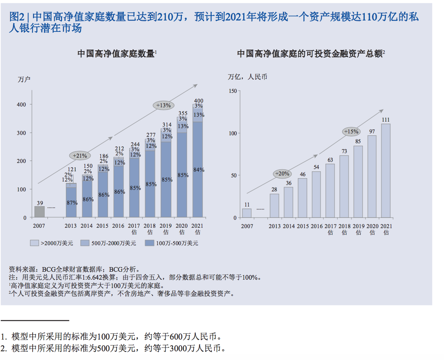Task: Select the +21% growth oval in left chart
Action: pyautogui.click(x=80, y=155)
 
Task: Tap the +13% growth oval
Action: pyautogui.click(x=163, y=105)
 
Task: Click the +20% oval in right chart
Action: pyautogui.click(x=282, y=174)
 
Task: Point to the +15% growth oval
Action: pyautogui.click(x=351, y=131)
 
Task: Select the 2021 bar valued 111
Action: pyautogui.click(x=386, y=171)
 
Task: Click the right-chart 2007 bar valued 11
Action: pyautogui.click(x=247, y=213)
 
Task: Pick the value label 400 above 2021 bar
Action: pyautogui.click(x=199, y=101)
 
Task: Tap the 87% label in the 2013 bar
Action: pyautogui.click(x=72, y=203)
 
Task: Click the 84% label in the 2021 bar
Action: pyautogui.click(x=199, y=170)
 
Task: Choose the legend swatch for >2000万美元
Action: pyautogui.click(x=34, y=243)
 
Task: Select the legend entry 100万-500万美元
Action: pyautogui.click(x=172, y=243)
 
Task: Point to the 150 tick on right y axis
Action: pyautogui.click(x=232, y=91)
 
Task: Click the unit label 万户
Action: pyautogui.click(x=24, y=79)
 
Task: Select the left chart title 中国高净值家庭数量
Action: pyautogui.click(x=116, y=54)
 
